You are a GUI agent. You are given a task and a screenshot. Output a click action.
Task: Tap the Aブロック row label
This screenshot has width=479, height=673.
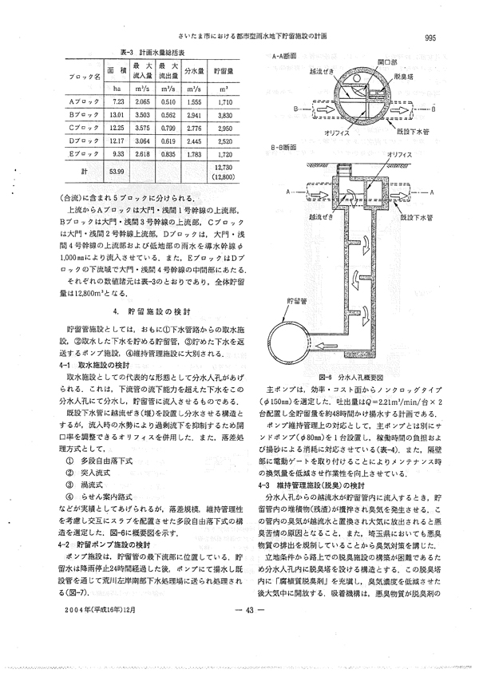pos(83,102)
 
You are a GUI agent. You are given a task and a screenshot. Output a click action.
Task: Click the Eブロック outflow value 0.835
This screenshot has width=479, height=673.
pos(168,152)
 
